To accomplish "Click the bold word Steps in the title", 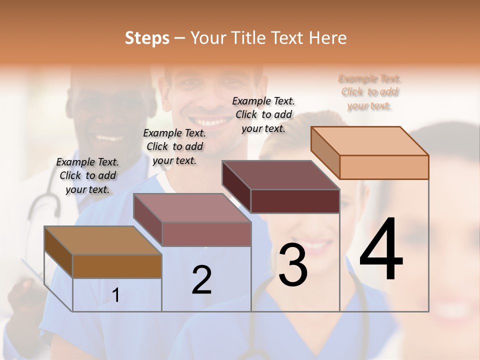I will (x=147, y=38).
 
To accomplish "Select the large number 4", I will (x=381, y=249).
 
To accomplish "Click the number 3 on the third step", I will (x=293, y=265).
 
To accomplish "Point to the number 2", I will (x=201, y=280).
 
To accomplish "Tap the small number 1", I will (x=116, y=295).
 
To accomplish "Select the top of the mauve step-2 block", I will (x=191, y=208).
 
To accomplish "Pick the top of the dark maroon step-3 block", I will (x=280, y=175).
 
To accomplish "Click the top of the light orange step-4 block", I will (x=369, y=141).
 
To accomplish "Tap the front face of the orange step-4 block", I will (x=384, y=167).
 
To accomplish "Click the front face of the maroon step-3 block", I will (x=295, y=201).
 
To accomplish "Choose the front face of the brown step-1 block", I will (x=117, y=266).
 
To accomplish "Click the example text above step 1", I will (x=87, y=175).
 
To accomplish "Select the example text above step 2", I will (x=174, y=146).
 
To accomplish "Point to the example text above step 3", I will (x=263, y=114).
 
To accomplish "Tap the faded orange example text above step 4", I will (x=370, y=92).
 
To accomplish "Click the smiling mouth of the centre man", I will (x=210, y=121).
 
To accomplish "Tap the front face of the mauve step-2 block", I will (x=206, y=234).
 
